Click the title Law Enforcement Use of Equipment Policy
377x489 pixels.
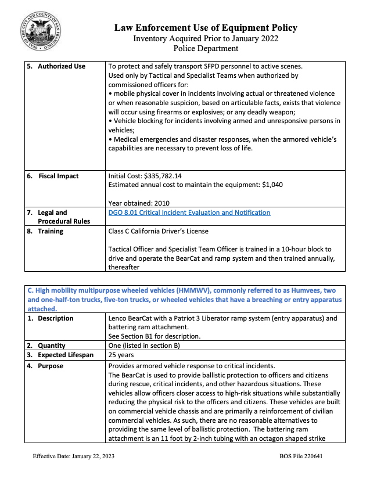[206, 28]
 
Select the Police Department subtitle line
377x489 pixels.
[206, 49]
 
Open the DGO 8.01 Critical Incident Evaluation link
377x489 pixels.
[189, 213]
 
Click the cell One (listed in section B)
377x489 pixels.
[145, 346]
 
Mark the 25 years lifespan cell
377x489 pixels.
[121, 355]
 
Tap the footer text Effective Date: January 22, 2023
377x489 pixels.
[73, 456]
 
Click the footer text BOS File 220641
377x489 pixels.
[301, 456]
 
